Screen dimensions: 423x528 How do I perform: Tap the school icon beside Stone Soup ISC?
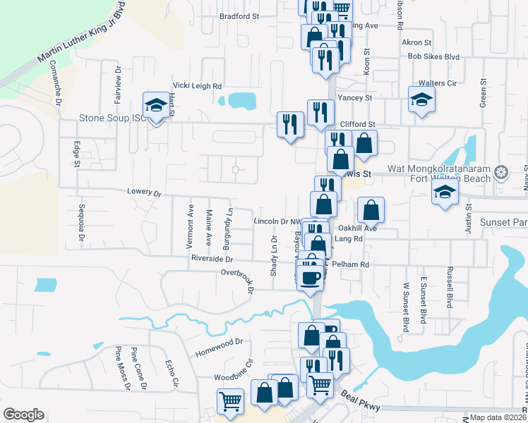coord(156,106)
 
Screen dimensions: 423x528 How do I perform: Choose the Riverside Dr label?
coord(212,259)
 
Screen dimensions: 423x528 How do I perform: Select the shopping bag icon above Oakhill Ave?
coord(371,210)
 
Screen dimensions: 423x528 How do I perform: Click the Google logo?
coord(23,415)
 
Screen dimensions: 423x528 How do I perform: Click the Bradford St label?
coord(240,15)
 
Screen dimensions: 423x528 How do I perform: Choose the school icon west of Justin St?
coord(443,196)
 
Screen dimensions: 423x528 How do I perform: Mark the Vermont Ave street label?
coord(190,227)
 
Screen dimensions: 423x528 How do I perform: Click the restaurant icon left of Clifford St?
coord(290,125)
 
